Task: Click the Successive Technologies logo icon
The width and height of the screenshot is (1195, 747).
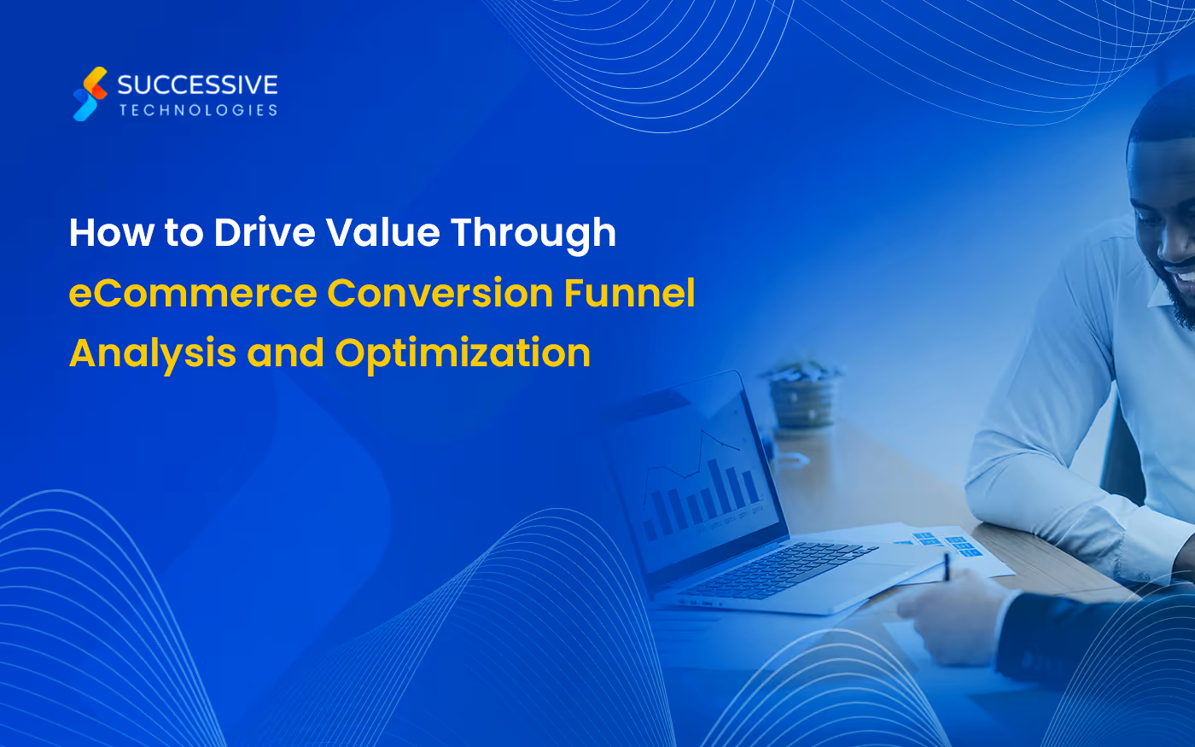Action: click(x=90, y=94)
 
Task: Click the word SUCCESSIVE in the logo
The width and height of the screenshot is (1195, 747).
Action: click(x=197, y=85)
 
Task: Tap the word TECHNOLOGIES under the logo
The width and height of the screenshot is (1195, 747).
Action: click(x=198, y=110)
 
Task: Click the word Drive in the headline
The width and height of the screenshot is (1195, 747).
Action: click(x=264, y=232)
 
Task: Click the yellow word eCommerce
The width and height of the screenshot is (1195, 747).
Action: click(x=193, y=294)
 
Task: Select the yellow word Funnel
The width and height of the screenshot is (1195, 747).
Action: click(x=630, y=294)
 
